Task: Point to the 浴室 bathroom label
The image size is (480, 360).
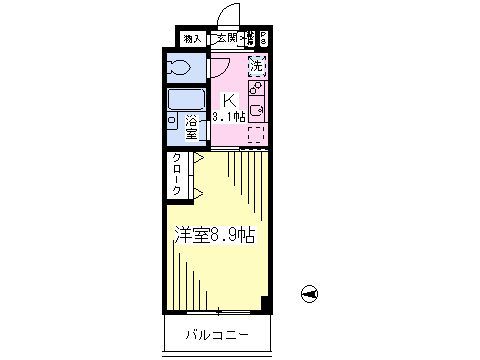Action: click(191, 129)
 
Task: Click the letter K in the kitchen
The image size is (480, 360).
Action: click(228, 100)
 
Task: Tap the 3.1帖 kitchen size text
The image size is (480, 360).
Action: click(228, 117)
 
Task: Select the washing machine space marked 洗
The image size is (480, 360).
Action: click(257, 66)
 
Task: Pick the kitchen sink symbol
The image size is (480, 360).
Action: click(257, 111)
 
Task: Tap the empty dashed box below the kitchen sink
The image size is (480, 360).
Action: click(257, 134)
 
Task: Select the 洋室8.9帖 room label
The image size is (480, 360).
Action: click(215, 237)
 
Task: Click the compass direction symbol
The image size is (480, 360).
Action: click(310, 292)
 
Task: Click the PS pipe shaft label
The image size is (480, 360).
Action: click(263, 39)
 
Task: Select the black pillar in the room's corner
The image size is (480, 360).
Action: click(263, 302)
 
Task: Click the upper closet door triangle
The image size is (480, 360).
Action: click(199, 158)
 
